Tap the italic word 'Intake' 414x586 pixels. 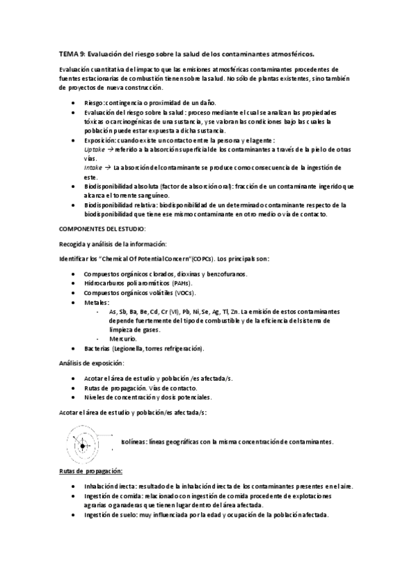[x=94, y=167]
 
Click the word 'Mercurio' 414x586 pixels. [x=123, y=339]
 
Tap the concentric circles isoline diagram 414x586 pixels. [x=84, y=442]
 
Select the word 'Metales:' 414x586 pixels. [x=97, y=302]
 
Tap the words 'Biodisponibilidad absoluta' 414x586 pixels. [x=120, y=186]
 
